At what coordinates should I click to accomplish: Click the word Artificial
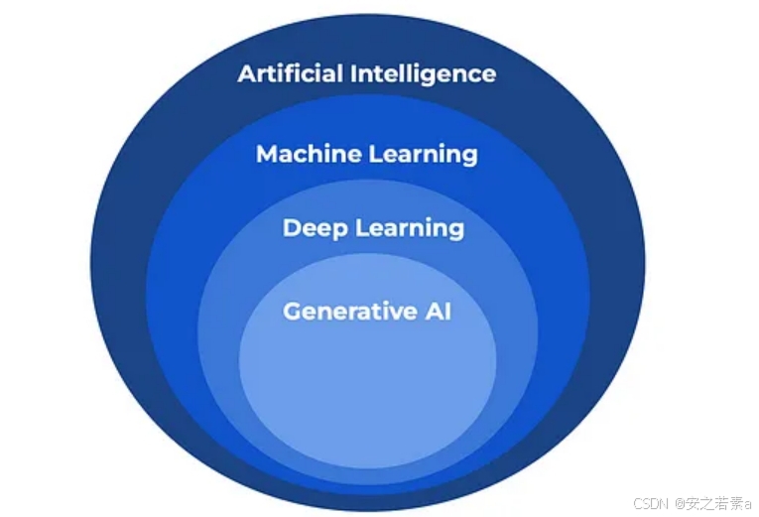tap(291, 73)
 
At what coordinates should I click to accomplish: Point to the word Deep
tap(316, 228)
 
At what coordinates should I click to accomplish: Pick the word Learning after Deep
tap(410, 229)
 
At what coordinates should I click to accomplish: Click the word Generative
tap(349, 311)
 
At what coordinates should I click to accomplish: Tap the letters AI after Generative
tap(439, 311)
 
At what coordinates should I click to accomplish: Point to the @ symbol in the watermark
tap(680, 503)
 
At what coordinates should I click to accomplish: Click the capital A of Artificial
tap(247, 74)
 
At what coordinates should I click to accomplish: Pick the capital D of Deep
tap(293, 228)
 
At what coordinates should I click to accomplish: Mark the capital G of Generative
tap(293, 311)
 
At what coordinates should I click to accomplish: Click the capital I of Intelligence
tap(353, 74)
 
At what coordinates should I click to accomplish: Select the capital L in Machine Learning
tap(376, 155)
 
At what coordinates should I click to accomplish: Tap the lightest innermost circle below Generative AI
tap(367, 387)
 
